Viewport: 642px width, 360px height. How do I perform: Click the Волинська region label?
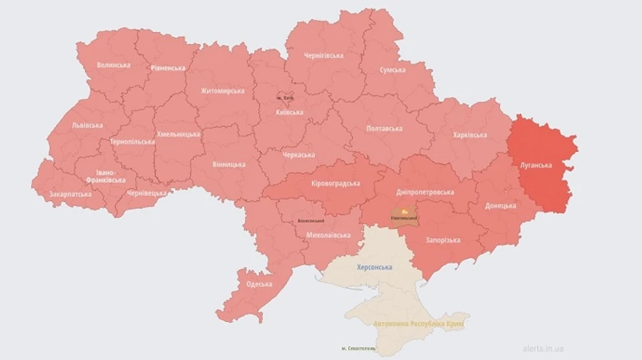pos(113,65)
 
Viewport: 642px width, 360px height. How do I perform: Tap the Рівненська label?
pos(168,68)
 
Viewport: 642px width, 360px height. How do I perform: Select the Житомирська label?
pos(223,91)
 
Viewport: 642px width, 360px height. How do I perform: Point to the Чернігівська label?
pos(323,55)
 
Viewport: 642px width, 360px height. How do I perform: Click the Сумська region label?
pos(392,70)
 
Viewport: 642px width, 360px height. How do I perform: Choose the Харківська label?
pos(470,135)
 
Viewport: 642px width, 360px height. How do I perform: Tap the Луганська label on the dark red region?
pos(535,165)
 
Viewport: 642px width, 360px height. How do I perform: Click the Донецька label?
pos(501,205)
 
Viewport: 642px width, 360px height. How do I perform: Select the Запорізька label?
pos(442,240)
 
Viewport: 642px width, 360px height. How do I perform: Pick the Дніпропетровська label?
pos(424,192)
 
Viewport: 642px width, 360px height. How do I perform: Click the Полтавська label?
pos(384,128)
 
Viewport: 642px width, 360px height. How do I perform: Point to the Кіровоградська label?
pos(335,183)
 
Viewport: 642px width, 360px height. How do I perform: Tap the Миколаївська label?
pos(328,235)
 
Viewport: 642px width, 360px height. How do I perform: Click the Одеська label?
pos(259,284)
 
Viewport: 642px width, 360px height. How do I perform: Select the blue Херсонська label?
pos(374,267)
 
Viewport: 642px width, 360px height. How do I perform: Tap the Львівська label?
pos(87,125)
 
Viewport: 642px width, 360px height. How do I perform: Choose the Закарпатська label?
pos(70,194)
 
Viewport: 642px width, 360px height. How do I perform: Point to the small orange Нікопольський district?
pos(404,215)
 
